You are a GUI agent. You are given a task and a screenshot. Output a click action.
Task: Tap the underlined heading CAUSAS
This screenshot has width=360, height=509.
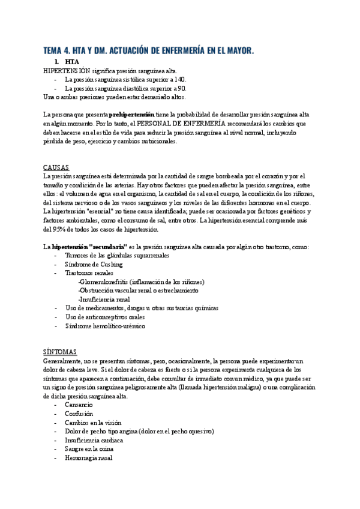coord(56,167)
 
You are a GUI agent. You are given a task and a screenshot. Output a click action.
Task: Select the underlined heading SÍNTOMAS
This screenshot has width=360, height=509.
coord(60,352)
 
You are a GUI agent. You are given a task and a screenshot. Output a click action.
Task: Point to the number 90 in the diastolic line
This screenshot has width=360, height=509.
coord(182,88)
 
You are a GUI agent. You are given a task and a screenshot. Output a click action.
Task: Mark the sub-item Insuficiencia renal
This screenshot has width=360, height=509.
coord(104,299)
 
